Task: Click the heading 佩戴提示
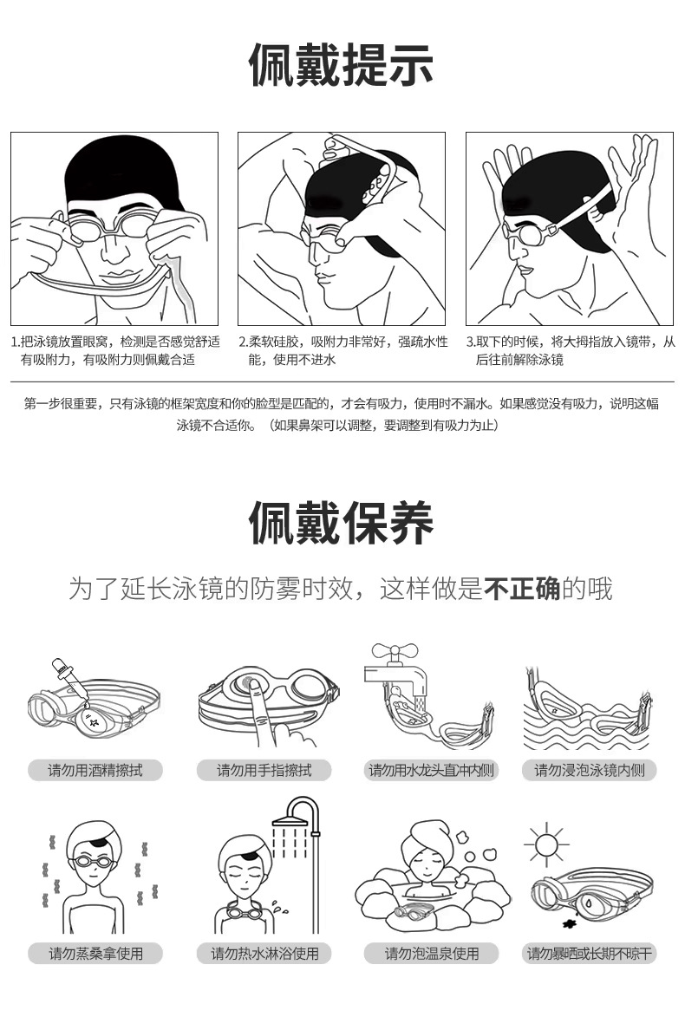(x=342, y=65)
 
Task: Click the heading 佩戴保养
(x=342, y=523)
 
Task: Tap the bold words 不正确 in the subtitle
(x=522, y=589)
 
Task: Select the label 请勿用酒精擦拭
(x=95, y=770)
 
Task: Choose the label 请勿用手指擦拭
(x=264, y=770)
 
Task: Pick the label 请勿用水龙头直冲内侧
(x=432, y=770)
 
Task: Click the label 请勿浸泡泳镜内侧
(x=589, y=770)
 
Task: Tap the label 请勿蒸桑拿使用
(x=95, y=953)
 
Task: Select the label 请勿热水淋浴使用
(x=264, y=953)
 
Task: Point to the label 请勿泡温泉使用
(x=432, y=953)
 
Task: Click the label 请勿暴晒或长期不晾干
(x=589, y=953)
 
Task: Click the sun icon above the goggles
(x=545, y=843)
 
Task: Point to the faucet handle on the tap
(x=395, y=652)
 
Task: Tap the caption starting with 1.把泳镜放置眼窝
(x=115, y=350)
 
